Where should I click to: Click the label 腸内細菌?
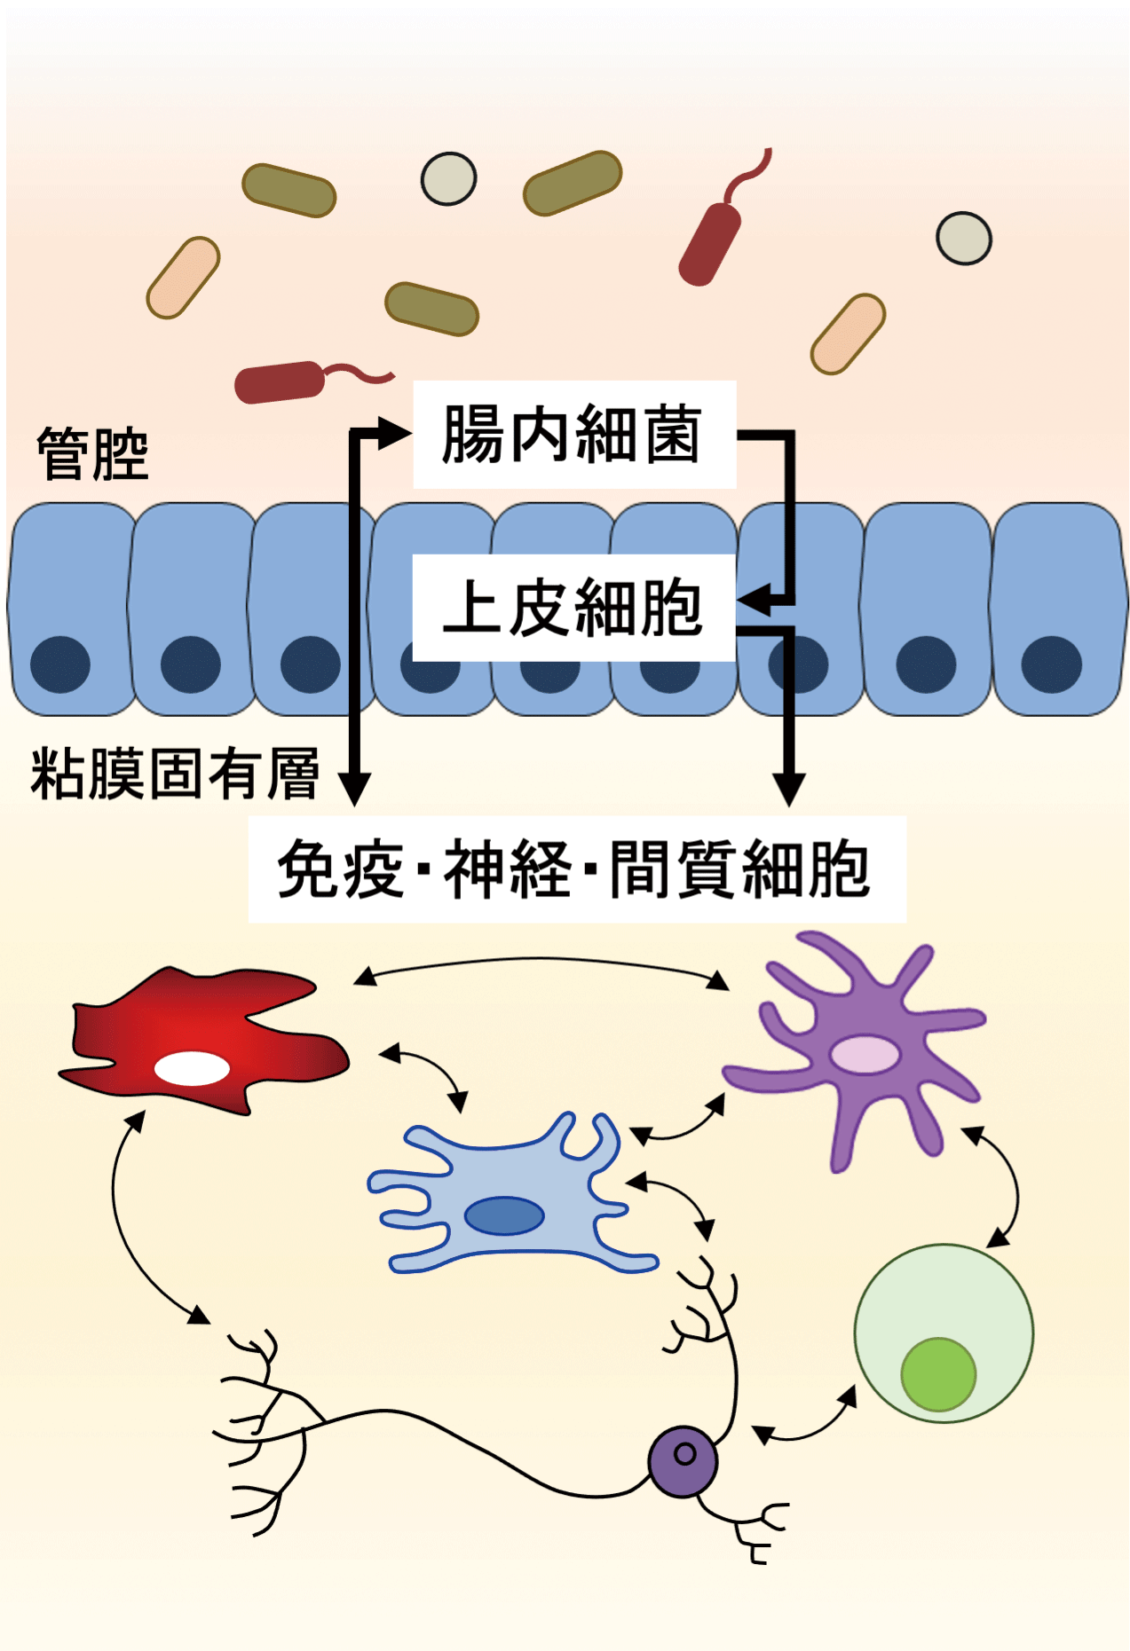pyautogui.click(x=573, y=435)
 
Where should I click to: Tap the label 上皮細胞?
pyautogui.click(x=573, y=608)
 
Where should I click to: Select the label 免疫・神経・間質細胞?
pyautogui.click(x=575, y=869)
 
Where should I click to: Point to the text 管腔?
pyautogui.click(x=92, y=453)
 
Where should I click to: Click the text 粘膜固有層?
pyautogui.click(x=175, y=774)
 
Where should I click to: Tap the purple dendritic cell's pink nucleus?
pyautogui.click(x=865, y=1054)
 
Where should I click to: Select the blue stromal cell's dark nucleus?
pyautogui.click(x=504, y=1215)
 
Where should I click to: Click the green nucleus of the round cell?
pyautogui.click(x=938, y=1374)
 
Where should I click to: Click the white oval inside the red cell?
pyautogui.click(x=192, y=1068)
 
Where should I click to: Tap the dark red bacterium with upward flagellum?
pyautogui.click(x=710, y=243)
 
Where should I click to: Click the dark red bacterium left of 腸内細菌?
pyautogui.click(x=279, y=382)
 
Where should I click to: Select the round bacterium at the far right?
pyautogui.click(x=963, y=239)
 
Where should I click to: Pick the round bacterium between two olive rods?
pyautogui.click(x=448, y=178)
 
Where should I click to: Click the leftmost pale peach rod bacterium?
pyautogui.click(x=183, y=278)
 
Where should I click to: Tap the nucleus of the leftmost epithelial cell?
pyautogui.click(x=60, y=664)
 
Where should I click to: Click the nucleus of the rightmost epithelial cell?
pyautogui.click(x=1051, y=664)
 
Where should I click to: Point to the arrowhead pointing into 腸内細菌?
pyautogui.click(x=394, y=434)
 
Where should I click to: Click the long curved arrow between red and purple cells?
pyautogui.click(x=541, y=960)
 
